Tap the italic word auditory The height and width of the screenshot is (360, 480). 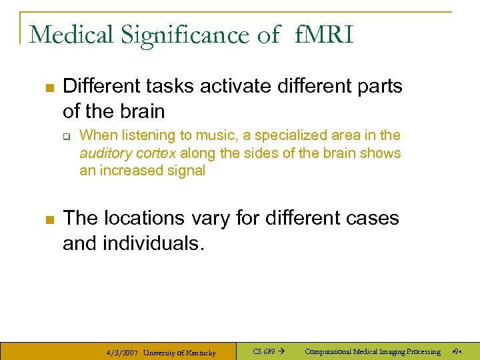[103, 153]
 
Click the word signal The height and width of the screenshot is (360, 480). [187, 171]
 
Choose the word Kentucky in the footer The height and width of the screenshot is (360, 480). [199, 352]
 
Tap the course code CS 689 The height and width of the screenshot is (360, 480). [264, 351]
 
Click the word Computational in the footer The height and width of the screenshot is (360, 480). [331, 351]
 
